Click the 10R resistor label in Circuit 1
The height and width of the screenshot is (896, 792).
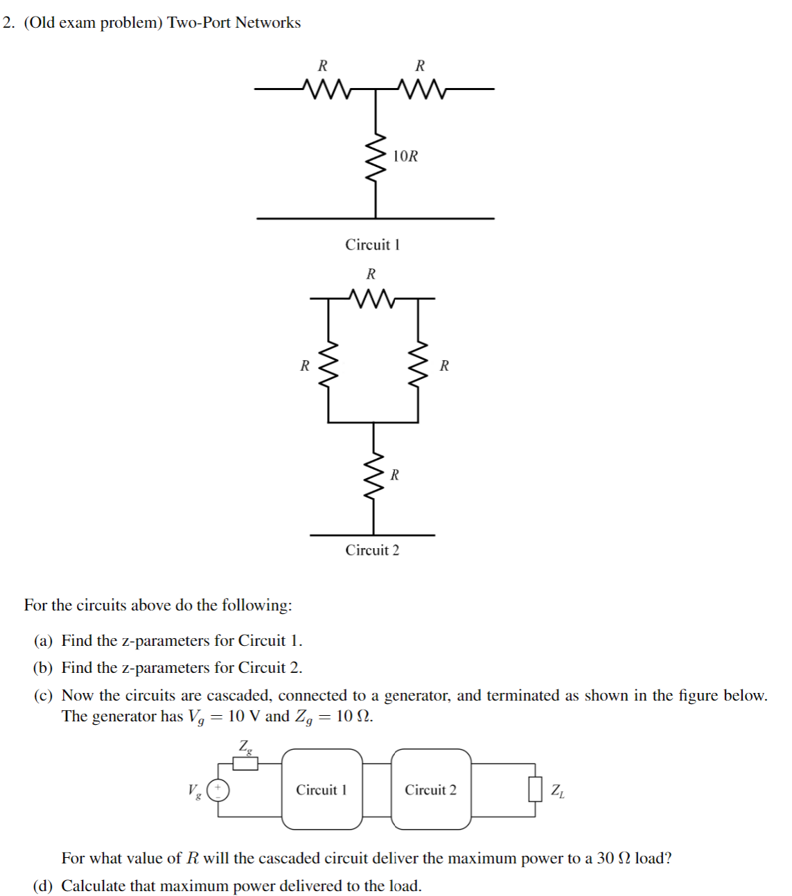coord(405,156)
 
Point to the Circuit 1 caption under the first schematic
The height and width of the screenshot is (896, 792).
coord(372,245)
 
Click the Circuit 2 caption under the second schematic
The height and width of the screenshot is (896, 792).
coord(372,550)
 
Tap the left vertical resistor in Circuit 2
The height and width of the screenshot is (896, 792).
coord(328,365)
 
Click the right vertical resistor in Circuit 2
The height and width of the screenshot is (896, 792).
coord(418,365)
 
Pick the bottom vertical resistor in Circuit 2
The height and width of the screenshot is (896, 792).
coord(373,475)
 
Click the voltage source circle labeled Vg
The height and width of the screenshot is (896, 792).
coord(218,790)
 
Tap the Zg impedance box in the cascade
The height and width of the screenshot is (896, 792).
coord(245,764)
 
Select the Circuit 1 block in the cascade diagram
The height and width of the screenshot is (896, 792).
coord(322,789)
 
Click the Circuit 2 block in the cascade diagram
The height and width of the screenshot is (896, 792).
coord(431,789)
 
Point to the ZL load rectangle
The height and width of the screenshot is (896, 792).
coord(535,789)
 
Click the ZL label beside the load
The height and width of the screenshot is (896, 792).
coord(558,791)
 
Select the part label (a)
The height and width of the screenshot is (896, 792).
coord(43,641)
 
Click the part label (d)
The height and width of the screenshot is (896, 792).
coord(43,886)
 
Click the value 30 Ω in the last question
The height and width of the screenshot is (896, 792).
coord(614,859)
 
